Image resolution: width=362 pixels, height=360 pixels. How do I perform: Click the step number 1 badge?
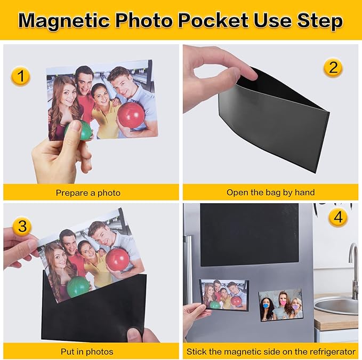20,77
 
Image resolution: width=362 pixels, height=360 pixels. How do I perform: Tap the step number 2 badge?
333,68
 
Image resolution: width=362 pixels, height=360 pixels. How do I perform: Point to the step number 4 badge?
337,218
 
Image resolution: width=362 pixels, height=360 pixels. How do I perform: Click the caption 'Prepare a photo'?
88,193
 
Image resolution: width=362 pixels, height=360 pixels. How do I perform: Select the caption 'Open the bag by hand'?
270,192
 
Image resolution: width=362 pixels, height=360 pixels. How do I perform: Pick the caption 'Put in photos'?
87,352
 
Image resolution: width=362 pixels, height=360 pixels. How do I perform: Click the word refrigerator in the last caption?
329,352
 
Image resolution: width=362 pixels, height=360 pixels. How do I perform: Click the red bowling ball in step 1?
131,115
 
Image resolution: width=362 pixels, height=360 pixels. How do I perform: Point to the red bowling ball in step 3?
117,259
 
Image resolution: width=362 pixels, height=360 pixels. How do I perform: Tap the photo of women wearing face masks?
281,305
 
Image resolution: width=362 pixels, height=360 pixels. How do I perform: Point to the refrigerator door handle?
188,267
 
